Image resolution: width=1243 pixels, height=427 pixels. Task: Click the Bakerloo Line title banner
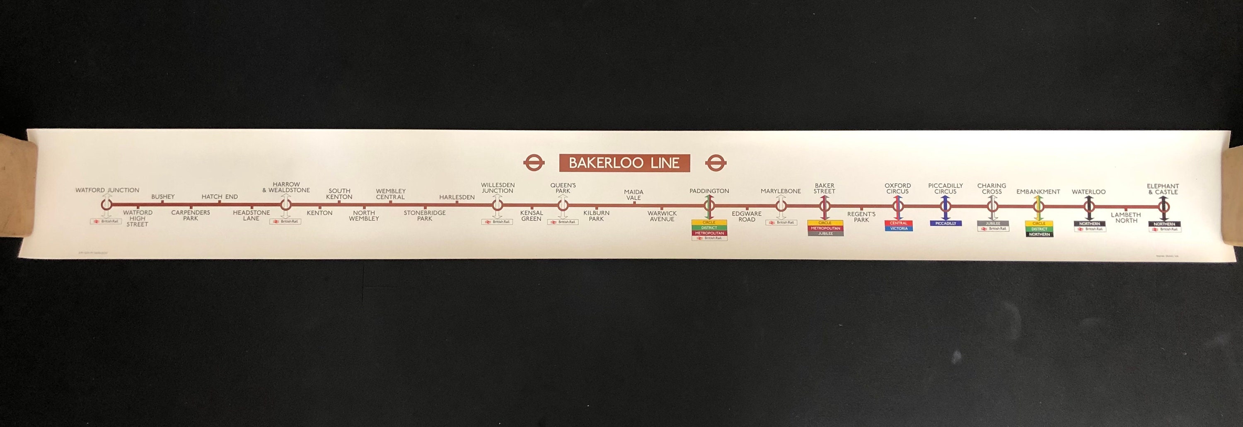624,163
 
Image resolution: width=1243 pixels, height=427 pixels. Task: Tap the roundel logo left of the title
534,163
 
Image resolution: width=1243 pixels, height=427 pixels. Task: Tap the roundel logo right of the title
716,163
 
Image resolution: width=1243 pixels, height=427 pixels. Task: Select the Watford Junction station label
107,190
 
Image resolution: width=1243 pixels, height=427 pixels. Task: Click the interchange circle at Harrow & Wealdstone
285,205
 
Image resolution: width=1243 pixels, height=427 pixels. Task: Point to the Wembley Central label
390,194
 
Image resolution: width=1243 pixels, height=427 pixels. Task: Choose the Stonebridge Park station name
425,216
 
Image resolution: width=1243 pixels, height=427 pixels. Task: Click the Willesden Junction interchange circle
498,205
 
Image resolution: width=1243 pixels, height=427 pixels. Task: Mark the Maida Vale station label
634,195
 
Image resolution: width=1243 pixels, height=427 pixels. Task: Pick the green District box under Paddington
709,228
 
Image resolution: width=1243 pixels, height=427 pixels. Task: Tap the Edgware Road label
747,216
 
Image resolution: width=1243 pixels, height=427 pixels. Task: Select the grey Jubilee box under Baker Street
825,234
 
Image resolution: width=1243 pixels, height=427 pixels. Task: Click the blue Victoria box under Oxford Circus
898,228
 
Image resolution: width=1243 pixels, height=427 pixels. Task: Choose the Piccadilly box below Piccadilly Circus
945,223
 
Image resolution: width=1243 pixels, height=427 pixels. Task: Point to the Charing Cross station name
991,188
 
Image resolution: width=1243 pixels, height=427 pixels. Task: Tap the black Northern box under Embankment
1039,234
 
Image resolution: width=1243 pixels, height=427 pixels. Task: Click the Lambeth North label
1126,218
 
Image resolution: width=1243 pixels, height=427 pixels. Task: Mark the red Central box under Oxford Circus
898,223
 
